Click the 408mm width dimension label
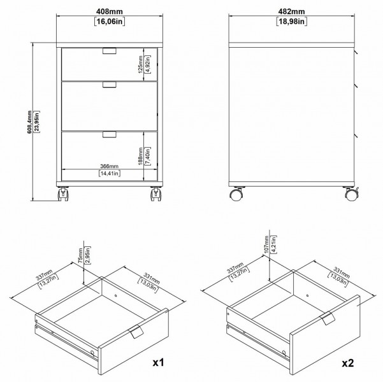click(x=110, y=11)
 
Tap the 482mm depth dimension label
click(x=292, y=11)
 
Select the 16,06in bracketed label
click(x=110, y=22)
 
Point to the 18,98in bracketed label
click(x=292, y=22)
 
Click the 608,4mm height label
click(x=29, y=122)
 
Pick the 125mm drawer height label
click(x=140, y=64)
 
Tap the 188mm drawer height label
click(x=140, y=156)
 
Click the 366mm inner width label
click(x=109, y=166)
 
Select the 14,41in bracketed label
click(x=110, y=173)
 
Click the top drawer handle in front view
click(x=110, y=51)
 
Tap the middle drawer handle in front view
click(x=110, y=85)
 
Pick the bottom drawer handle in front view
click(x=110, y=134)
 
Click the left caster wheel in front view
click(x=63, y=194)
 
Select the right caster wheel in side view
click(x=350, y=195)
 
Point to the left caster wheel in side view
click(x=237, y=195)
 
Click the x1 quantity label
click(x=158, y=363)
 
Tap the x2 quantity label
click(x=348, y=363)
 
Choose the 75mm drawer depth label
click(x=80, y=255)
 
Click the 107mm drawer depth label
click(x=266, y=244)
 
